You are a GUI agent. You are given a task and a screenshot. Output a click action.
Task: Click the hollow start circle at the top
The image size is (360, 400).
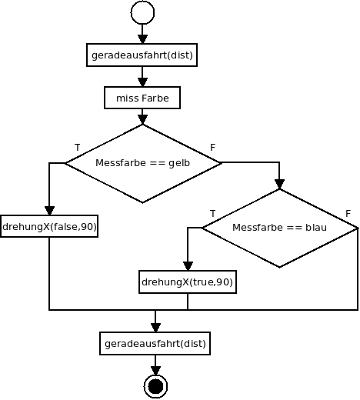coord(142,13)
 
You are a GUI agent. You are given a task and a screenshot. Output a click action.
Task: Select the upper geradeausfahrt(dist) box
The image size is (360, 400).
coord(142,55)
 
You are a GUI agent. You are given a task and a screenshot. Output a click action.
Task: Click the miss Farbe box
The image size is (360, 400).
coord(142,98)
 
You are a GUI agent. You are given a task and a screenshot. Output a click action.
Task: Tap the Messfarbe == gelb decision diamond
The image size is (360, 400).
coord(142,163)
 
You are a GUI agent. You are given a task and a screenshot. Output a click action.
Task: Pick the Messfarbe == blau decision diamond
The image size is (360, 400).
coord(279,228)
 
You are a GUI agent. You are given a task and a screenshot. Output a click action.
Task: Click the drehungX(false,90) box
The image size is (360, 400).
coord(49,227)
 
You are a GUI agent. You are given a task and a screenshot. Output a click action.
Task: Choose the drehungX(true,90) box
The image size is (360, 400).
coord(187,282)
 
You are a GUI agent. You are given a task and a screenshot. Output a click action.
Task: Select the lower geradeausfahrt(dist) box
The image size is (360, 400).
coord(155,342)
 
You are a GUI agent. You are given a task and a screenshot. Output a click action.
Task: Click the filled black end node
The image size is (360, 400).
coord(155,385)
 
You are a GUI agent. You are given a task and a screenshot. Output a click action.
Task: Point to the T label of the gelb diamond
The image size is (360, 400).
coord(77,147)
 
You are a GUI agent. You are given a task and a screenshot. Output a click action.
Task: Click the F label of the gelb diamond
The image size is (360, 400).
coord(212,147)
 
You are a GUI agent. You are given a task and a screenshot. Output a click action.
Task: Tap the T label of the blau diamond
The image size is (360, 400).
coord(212,212)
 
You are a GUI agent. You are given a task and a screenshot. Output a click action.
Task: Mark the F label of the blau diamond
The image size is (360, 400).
coord(348,212)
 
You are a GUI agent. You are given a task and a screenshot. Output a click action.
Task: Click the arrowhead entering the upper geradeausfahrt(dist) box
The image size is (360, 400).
coord(142,40)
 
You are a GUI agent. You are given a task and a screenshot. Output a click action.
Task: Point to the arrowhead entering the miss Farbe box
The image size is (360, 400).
coord(142,82)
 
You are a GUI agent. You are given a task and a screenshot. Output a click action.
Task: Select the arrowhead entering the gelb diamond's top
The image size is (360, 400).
coord(142,119)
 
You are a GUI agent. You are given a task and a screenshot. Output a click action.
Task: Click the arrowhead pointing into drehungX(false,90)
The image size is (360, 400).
coord(49,211)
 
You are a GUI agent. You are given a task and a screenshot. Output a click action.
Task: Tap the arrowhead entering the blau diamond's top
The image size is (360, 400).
coord(279,184)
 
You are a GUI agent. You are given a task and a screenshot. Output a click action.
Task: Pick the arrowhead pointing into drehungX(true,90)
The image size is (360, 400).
coord(187,266)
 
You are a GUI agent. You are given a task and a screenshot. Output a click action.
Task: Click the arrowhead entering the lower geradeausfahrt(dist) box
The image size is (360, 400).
coord(155,327)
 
